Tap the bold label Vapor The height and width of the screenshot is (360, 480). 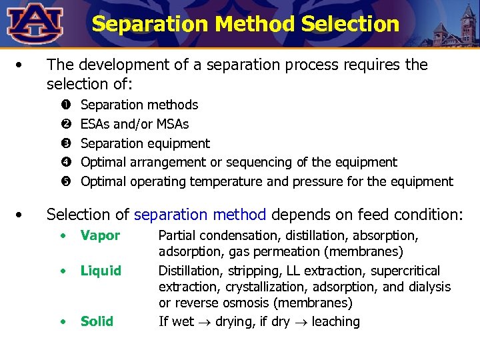tap(100, 235)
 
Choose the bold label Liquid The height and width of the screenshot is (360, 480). tap(101, 271)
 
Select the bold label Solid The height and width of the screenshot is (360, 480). tap(97, 321)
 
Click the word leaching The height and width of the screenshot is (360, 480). tap(335, 321)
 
